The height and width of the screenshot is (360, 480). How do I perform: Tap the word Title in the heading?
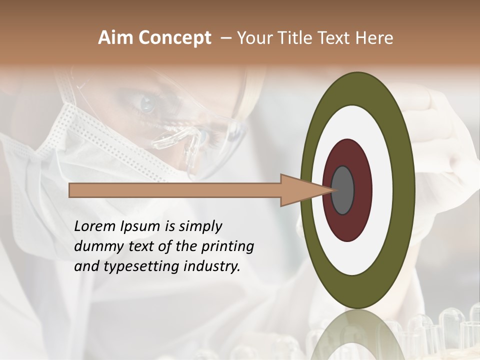point(294,38)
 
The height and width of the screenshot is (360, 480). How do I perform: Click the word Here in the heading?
point(374,38)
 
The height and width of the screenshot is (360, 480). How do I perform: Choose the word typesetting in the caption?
point(145,267)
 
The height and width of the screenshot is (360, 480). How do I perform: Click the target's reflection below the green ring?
point(357,332)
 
